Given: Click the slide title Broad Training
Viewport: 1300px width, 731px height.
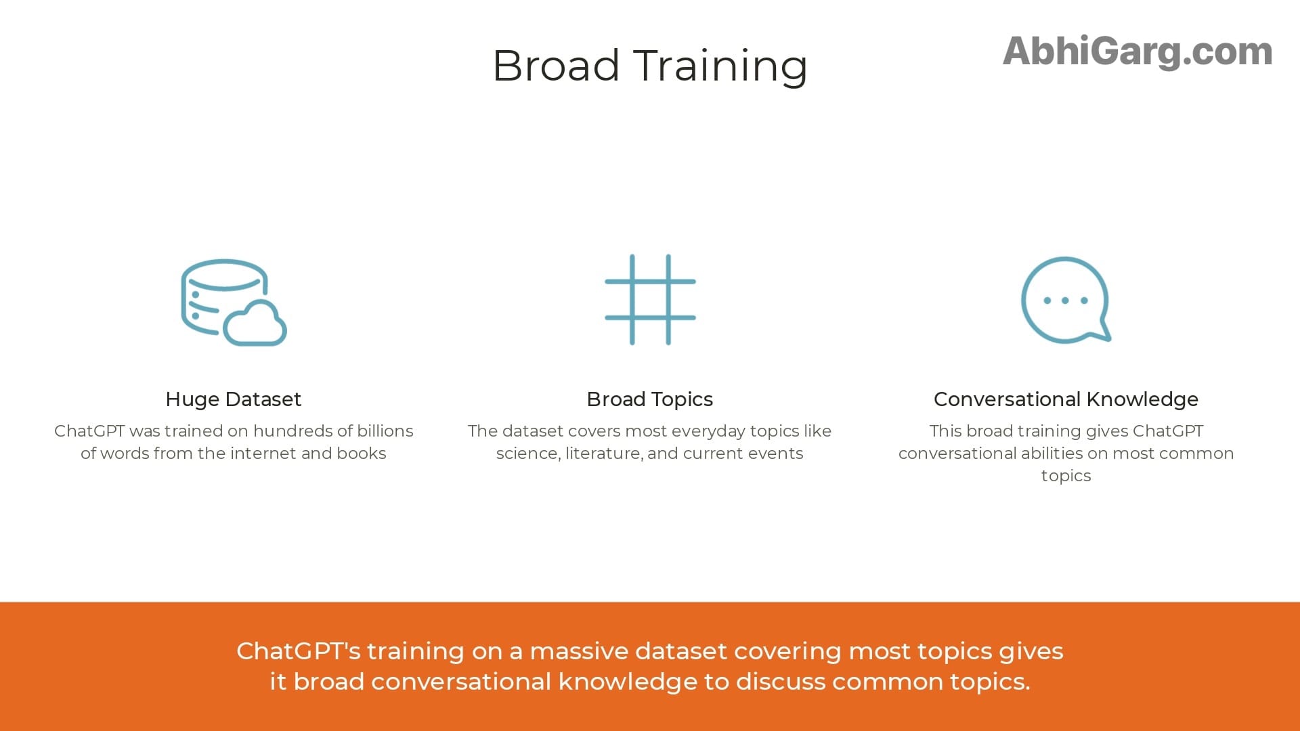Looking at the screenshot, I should [x=649, y=66].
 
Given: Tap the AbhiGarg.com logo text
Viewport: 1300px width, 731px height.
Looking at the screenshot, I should [x=1137, y=51].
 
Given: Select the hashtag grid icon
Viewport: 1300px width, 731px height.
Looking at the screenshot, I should [x=650, y=300].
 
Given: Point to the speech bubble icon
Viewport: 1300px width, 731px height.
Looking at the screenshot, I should [x=1065, y=300].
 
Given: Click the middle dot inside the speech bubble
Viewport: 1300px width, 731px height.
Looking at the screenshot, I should [x=1065, y=301].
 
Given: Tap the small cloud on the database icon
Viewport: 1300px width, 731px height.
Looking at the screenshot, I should [x=255, y=324].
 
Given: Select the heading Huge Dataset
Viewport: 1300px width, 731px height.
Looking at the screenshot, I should [x=234, y=399].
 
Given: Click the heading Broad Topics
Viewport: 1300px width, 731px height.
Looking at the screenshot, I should [x=649, y=399].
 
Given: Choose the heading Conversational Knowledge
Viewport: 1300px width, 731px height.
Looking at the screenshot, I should [x=1066, y=399].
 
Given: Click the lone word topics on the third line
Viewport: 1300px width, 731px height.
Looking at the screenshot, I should [x=1066, y=476].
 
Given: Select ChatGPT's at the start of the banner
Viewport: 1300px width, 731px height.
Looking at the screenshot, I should [x=299, y=651].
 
